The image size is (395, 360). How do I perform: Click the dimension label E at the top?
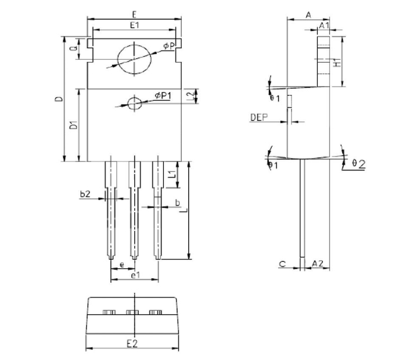[134, 13]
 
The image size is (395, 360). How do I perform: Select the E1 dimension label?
[134, 26]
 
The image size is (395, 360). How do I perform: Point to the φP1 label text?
[163, 95]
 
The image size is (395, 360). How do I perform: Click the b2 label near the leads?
[85, 193]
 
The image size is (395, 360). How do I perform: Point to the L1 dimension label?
[173, 174]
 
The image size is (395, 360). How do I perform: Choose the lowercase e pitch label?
[121, 265]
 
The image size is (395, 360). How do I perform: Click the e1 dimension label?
[134, 275]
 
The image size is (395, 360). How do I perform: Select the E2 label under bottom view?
[132, 343]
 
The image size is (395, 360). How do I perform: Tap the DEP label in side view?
[258, 118]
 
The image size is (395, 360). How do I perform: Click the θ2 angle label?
[358, 164]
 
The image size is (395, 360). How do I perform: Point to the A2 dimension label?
[318, 264]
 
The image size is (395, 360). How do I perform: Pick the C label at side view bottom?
[282, 264]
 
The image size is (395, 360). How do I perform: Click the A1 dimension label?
[324, 26]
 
